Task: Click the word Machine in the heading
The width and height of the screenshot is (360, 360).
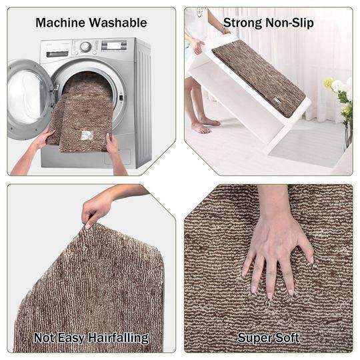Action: tap(61, 23)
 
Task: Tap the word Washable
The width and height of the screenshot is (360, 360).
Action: tap(118, 23)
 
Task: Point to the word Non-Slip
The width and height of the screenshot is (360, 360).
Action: tap(289, 23)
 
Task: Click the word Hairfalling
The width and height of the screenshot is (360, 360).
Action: tap(119, 338)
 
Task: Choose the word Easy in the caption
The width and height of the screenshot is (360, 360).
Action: tap(71, 339)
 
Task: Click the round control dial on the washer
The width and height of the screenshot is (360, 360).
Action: tap(85, 47)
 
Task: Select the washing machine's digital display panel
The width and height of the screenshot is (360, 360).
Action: tap(114, 45)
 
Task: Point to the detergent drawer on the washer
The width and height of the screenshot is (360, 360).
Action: tap(57, 54)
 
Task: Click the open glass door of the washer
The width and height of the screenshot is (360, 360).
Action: tap(28, 99)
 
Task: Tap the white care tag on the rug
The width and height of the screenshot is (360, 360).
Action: tap(87, 135)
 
